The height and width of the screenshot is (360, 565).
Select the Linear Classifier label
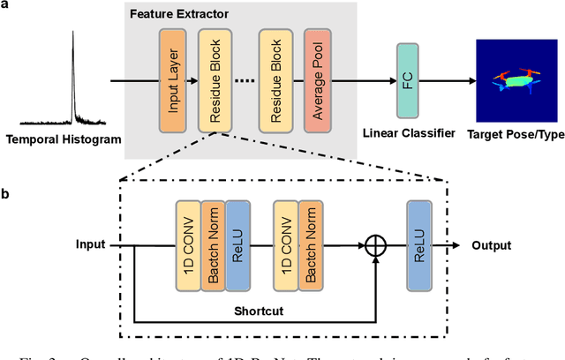point(410,133)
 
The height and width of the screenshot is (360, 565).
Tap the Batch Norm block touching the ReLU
point(213,247)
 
